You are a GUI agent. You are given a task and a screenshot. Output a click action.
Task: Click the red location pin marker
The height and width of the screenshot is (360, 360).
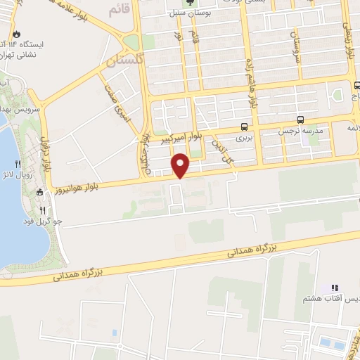pyautogui.click(x=181, y=166)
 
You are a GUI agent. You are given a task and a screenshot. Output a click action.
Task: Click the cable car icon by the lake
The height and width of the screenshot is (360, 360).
pyautogui.click(x=40, y=192)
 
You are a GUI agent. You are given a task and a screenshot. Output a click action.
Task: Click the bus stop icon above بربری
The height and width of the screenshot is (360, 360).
pyautogui.click(x=244, y=127)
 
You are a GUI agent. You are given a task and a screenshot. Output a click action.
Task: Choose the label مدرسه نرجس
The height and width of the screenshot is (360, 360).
pyautogui.click(x=300, y=131)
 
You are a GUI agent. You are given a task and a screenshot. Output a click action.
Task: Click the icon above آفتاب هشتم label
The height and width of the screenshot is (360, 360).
pyautogui.click(x=335, y=288)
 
